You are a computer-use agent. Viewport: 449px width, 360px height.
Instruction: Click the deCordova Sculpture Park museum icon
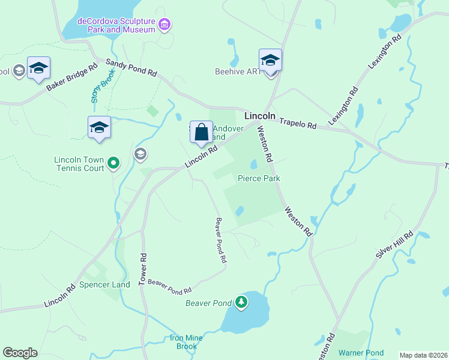[164, 25]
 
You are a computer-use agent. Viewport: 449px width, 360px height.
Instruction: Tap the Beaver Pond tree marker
[241, 301]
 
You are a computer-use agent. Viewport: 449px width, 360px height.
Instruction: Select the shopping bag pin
[202, 132]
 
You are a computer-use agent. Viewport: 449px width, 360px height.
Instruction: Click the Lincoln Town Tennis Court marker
[113, 162]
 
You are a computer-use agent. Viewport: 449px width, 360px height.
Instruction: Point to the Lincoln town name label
[260, 116]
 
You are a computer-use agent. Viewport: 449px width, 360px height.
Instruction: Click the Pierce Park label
[259, 178]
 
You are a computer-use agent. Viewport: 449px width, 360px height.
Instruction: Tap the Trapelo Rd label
[296, 123]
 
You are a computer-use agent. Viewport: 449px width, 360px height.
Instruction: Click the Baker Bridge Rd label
[71, 78]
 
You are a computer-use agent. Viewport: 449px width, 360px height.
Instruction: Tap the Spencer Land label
[104, 284]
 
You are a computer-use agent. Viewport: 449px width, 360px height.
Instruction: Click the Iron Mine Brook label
[184, 342]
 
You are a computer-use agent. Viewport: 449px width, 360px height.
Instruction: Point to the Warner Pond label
[360, 352]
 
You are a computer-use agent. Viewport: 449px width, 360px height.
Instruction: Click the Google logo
[20, 353]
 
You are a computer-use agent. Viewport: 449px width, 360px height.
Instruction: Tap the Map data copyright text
[423, 355]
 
